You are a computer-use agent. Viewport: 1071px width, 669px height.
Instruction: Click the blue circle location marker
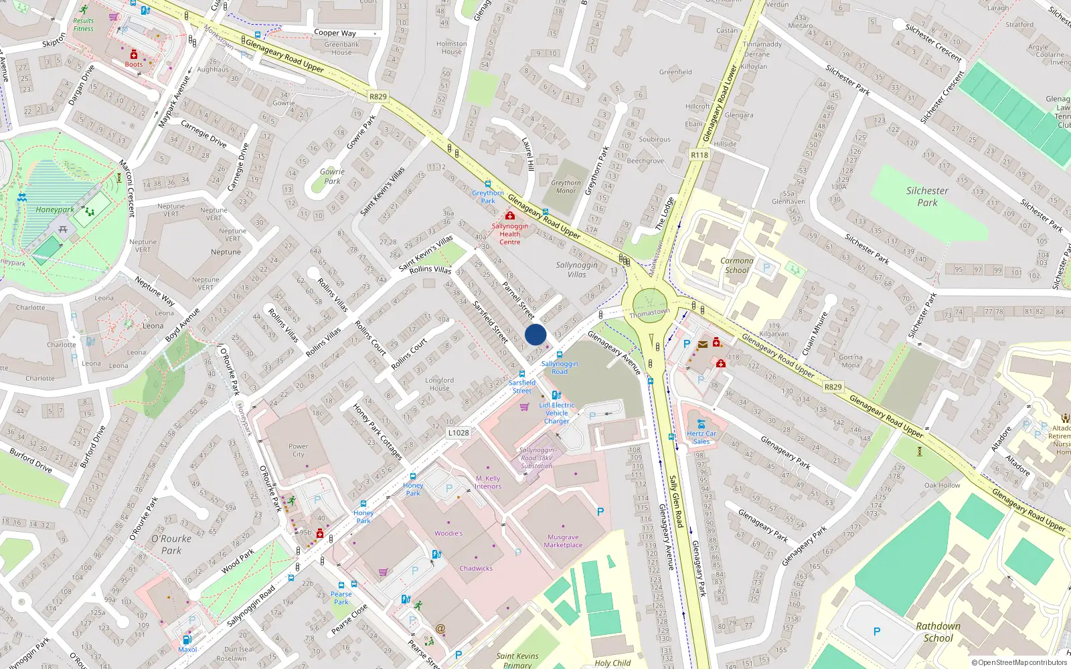pyautogui.click(x=535, y=334)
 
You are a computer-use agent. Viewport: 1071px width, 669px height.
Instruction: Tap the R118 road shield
pyautogui.click(x=699, y=155)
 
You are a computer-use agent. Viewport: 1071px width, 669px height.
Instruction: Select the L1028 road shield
pyautogui.click(x=459, y=433)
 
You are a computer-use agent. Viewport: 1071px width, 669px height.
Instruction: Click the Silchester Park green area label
pyautogui.click(x=927, y=197)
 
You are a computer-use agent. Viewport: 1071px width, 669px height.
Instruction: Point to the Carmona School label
pyautogui.click(x=736, y=266)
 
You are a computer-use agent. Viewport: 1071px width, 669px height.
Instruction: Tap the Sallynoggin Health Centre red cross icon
pyautogui.click(x=510, y=216)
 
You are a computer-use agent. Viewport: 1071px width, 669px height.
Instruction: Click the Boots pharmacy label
pyautogui.click(x=133, y=64)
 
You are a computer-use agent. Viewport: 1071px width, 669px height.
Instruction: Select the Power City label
pyautogui.click(x=298, y=450)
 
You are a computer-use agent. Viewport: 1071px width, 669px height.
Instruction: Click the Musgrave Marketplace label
pyautogui.click(x=563, y=541)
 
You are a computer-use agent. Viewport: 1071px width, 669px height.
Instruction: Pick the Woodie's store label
pyautogui.click(x=448, y=533)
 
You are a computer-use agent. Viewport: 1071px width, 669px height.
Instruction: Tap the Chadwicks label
pyautogui.click(x=476, y=569)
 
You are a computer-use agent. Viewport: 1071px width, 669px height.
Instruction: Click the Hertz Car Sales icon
pyautogui.click(x=701, y=424)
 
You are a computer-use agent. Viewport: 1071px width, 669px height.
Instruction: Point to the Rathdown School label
pyautogui.click(x=938, y=632)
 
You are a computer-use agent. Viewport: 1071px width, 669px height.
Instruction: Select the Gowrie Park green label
pyautogui.click(x=332, y=177)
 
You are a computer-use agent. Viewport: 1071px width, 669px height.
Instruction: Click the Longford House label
pyautogui.click(x=439, y=384)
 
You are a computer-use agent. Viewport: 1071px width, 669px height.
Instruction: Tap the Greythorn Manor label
pyautogui.click(x=566, y=187)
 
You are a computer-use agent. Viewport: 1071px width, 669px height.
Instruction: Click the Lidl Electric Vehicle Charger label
pyautogui.click(x=557, y=413)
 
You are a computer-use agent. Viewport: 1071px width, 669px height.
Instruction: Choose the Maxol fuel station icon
pyautogui.click(x=187, y=640)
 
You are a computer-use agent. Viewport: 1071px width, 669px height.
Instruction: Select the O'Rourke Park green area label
pyautogui.click(x=171, y=545)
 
